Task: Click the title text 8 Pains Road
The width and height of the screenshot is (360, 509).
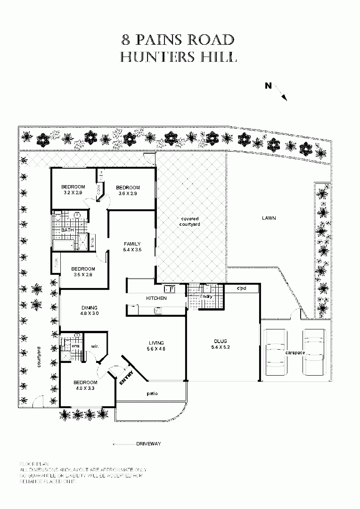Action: tap(178, 39)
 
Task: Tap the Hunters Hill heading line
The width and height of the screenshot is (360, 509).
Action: tap(178, 57)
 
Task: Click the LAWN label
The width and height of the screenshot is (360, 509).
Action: tap(269, 218)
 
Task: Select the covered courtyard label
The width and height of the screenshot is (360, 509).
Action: tap(190, 222)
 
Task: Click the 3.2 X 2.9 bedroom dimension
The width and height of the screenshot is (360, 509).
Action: tap(73, 193)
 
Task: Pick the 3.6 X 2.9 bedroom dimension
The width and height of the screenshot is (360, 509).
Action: tap(128, 194)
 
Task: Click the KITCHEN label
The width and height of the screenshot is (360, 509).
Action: tap(156, 298)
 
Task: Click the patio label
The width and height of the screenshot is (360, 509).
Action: tap(152, 393)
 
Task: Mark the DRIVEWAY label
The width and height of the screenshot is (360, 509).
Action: tap(148, 444)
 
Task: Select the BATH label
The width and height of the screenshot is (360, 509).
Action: tap(67, 230)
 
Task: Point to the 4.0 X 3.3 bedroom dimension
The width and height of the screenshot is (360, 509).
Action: tap(85, 388)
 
